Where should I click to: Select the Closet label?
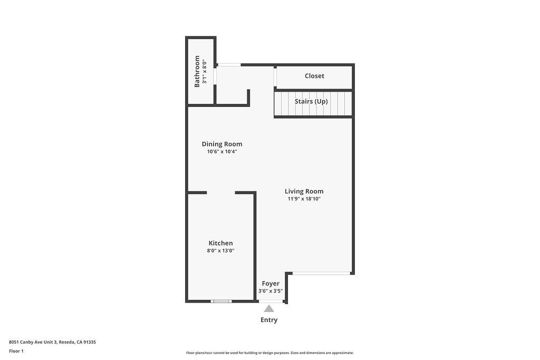click(314, 76)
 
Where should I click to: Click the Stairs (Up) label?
click(311, 101)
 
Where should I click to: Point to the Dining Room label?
click(222, 144)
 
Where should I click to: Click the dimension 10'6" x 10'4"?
click(222, 152)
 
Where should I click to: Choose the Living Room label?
click(304, 191)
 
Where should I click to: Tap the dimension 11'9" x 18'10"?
click(304, 199)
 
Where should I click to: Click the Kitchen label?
click(220, 243)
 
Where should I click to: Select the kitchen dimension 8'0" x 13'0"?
click(220, 251)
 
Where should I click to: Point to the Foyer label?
click(271, 284)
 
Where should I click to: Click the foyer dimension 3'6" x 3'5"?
click(271, 291)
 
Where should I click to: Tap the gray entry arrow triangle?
click(269, 309)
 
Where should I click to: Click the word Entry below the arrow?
click(269, 320)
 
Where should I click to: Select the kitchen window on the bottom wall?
click(221, 301)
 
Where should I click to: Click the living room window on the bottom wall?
click(321, 273)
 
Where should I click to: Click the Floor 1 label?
click(16, 351)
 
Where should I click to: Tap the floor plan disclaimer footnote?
click(269, 353)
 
